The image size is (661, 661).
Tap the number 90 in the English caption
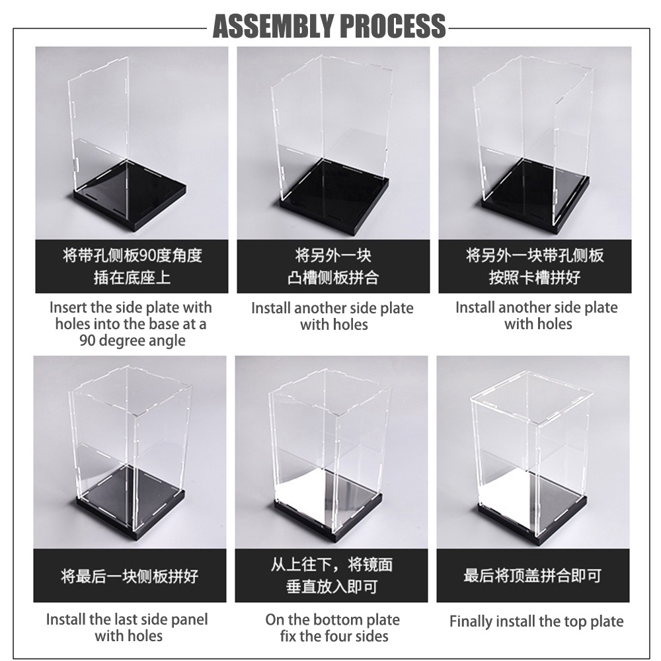click(x=87, y=340)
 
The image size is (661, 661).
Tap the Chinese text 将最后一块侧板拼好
click(x=130, y=576)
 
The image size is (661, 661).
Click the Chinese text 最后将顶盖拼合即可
click(x=533, y=576)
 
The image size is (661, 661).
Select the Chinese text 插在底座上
click(x=132, y=278)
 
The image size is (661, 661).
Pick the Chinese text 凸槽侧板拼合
click(x=333, y=278)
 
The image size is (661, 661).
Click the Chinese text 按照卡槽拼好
click(x=535, y=278)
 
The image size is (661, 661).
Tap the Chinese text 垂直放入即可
click(x=331, y=587)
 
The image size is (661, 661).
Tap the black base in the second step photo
click(x=333, y=198)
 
